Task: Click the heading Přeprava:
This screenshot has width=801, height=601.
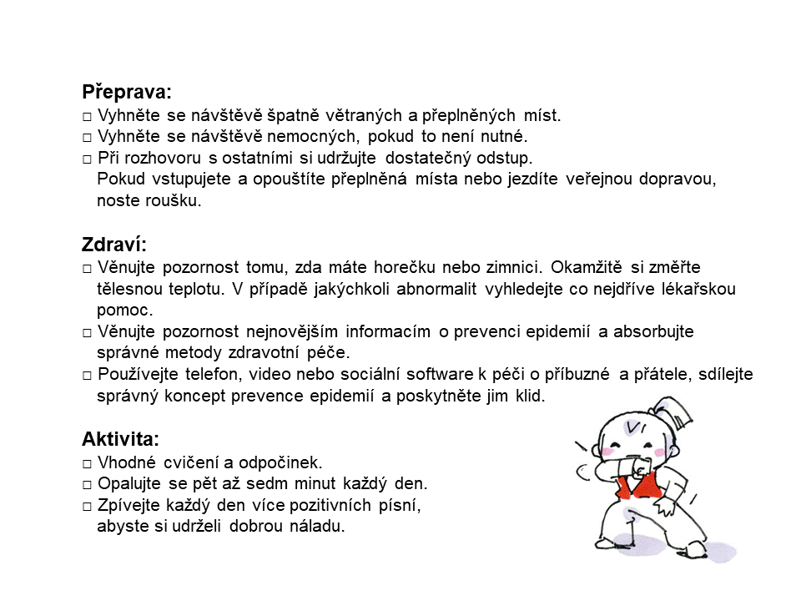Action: tap(127, 93)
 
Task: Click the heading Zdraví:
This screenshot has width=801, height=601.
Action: tap(114, 245)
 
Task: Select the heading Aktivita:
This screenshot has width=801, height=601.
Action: tap(120, 439)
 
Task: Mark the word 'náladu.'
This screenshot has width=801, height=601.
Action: tap(317, 527)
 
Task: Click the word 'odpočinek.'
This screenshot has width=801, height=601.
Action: tap(279, 462)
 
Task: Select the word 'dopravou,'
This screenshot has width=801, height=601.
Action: tap(678, 179)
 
